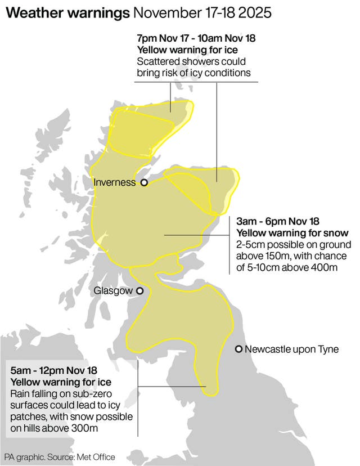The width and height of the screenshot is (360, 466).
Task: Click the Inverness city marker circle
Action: point(144,182)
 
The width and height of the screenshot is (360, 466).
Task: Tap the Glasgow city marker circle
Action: point(139,291)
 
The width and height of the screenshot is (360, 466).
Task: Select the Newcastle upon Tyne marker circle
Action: point(239,349)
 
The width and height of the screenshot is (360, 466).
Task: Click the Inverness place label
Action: point(115,182)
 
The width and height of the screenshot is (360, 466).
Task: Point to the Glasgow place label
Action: point(113,291)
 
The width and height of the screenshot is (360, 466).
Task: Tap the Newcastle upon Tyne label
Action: point(292,349)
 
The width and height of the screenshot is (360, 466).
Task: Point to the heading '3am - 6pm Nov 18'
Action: point(278,222)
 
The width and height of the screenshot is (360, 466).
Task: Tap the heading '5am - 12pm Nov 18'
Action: point(54,370)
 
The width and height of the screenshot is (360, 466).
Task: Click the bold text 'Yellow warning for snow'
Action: point(292,233)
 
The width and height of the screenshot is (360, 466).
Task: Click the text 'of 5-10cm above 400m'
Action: point(287,267)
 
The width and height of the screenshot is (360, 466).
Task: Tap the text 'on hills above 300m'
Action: point(54,427)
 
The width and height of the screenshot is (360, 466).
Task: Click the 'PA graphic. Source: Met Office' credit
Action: point(60,457)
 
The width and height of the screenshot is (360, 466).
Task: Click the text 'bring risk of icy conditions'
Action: point(193,73)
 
